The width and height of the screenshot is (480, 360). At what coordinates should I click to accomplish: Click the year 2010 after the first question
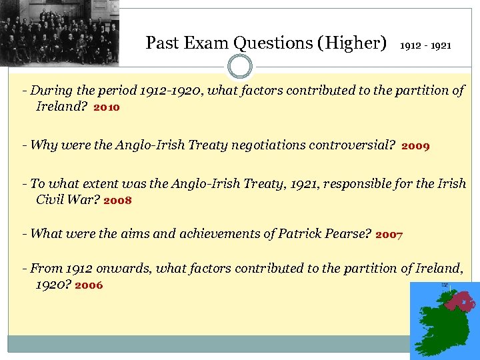click(x=107, y=107)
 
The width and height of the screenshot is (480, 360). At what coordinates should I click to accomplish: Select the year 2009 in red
click(x=415, y=145)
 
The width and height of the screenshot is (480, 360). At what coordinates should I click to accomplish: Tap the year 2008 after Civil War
click(x=118, y=201)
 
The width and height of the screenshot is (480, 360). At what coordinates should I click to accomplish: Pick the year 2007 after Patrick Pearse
click(x=389, y=235)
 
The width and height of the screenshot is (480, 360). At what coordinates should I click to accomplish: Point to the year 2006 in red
click(x=89, y=285)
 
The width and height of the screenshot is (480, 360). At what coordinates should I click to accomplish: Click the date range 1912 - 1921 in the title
click(x=425, y=46)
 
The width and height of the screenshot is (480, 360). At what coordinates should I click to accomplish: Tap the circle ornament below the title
click(x=240, y=67)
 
